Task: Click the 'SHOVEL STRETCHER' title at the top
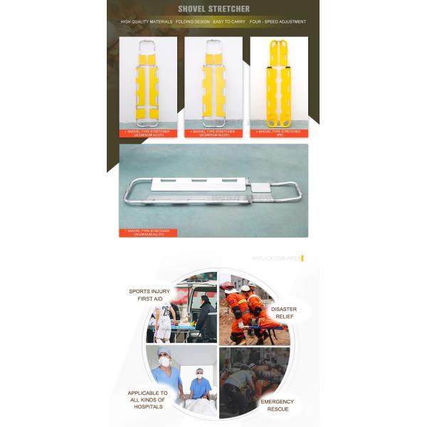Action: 213,9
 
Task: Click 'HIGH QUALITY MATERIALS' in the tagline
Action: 147,22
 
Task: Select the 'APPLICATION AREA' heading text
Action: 275,258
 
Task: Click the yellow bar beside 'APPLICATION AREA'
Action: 302,258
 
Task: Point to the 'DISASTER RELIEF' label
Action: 283,313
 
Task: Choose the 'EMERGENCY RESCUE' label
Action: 276,405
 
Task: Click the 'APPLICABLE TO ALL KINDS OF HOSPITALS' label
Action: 147,399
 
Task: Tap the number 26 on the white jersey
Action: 165,310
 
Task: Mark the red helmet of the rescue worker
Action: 228,288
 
